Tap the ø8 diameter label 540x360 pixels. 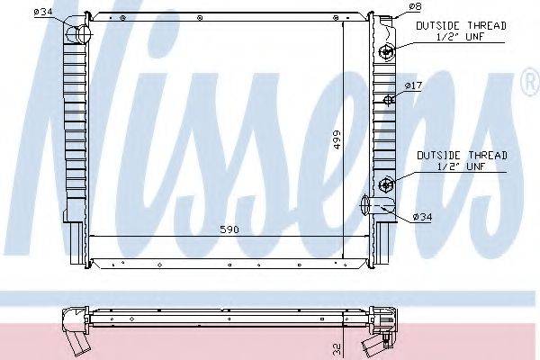tap(414, 7)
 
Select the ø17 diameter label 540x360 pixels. tap(413, 85)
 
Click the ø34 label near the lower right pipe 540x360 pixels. tap(422, 217)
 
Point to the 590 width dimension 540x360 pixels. tap(229, 230)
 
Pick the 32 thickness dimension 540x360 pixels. tap(335, 346)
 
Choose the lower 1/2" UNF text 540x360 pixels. tap(461, 167)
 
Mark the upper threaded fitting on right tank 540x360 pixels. tap(386, 51)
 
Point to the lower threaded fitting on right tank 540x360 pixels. tap(386, 185)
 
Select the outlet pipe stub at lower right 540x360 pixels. tap(370, 204)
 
